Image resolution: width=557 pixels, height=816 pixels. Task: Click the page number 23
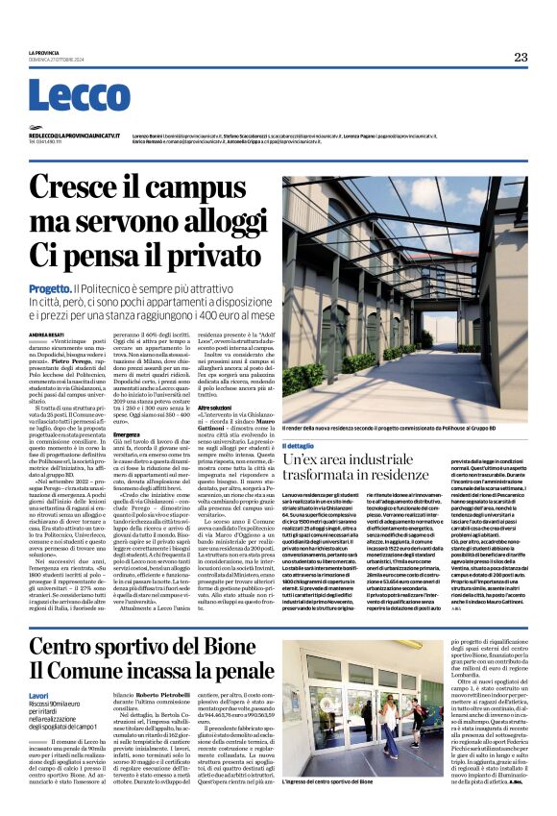click(520, 58)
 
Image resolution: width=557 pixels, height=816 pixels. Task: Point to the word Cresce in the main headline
click(94, 185)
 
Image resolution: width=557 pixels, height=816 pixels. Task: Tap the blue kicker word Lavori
click(38, 667)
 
